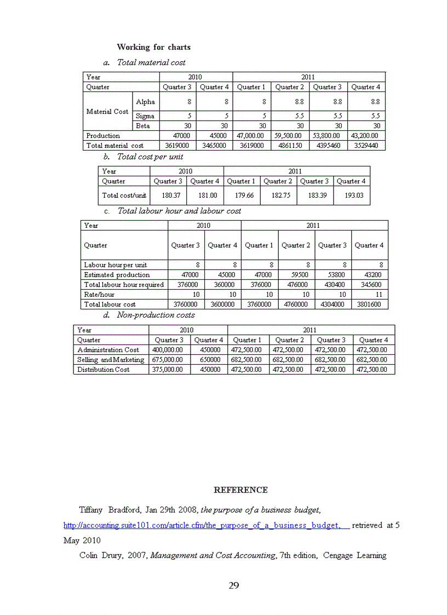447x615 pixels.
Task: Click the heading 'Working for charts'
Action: tap(153, 47)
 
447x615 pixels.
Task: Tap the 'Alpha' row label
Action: tap(145, 101)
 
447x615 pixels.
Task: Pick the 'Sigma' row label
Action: tap(145, 116)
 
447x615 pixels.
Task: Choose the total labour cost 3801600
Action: tap(369, 304)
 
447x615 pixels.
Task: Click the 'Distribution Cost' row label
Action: tap(104, 370)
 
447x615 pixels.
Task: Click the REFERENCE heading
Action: tap(240, 490)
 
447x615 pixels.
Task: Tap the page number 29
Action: tap(234, 585)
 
